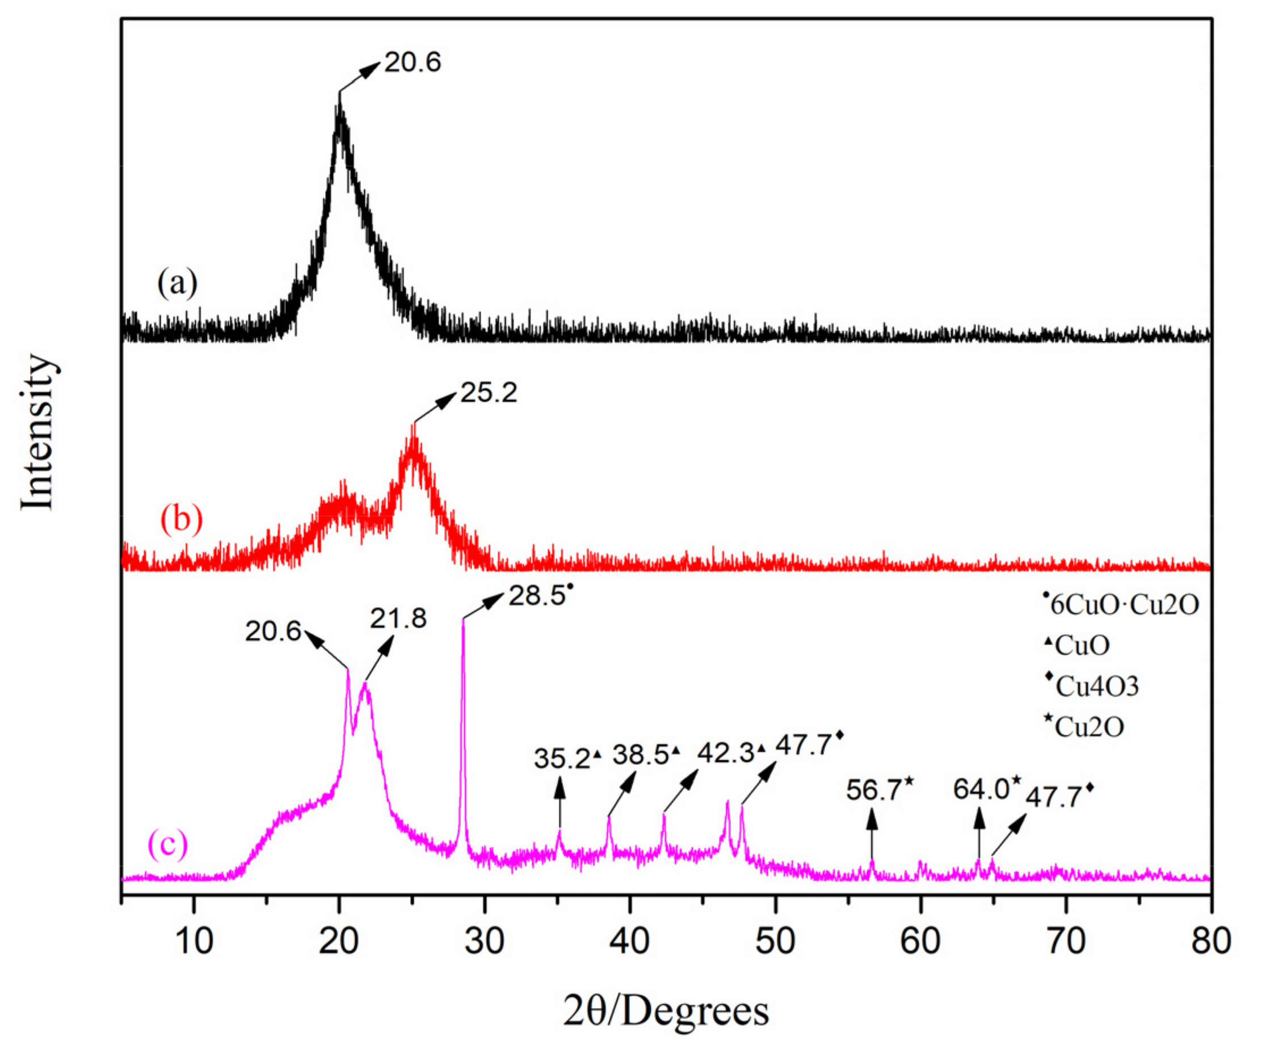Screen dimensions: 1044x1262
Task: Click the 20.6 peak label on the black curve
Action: pos(413,62)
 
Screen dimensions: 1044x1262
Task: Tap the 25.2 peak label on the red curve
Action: pos(488,393)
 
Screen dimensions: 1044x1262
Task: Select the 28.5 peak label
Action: pos(537,596)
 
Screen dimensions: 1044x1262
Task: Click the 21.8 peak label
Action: pos(398,618)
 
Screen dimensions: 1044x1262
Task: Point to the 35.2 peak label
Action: pos(562,759)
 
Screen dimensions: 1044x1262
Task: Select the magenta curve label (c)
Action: pos(167,844)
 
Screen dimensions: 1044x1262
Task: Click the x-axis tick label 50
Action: pos(775,941)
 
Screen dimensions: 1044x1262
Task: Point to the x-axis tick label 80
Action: pos(1210,941)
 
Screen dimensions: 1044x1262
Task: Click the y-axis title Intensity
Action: pos(37,433)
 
